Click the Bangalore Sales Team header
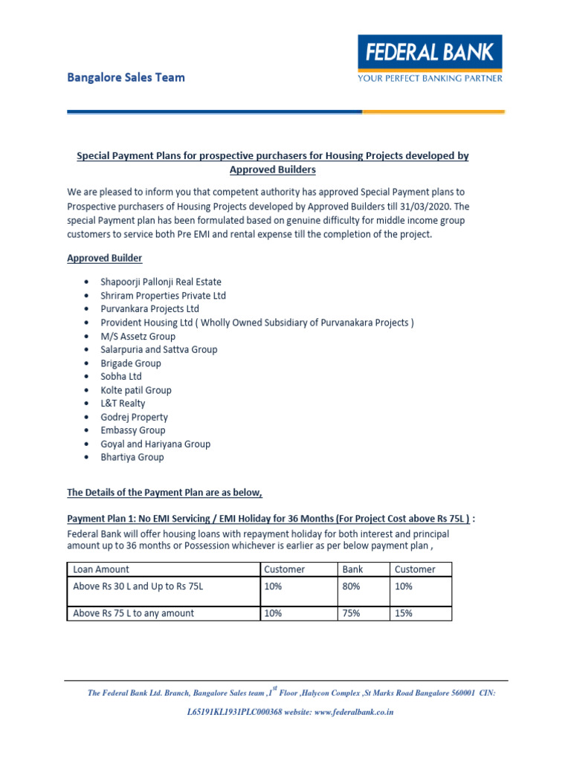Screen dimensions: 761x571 pos(126,77)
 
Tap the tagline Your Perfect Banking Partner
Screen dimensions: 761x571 pos(430,78)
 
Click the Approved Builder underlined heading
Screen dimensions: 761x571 pos(105,258)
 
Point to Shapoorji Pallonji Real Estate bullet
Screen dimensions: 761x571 pos(161,282)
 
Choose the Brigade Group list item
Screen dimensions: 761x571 pos(131,363)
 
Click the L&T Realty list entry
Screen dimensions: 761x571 pos(123,404)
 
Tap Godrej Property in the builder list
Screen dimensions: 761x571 pos(134,417)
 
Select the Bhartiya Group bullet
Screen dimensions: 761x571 pos(132,457)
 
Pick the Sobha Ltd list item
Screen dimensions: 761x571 pos(121,377)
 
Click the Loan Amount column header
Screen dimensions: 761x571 pos(101,569)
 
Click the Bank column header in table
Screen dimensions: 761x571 pos(352,569)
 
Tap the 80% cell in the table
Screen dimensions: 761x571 pos(351,586)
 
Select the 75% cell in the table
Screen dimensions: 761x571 pos(351,613)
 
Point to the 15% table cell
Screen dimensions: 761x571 pos(404,613)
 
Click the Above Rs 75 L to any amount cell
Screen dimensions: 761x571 pos(134,613)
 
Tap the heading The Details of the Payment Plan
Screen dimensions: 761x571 pos(165,492)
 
